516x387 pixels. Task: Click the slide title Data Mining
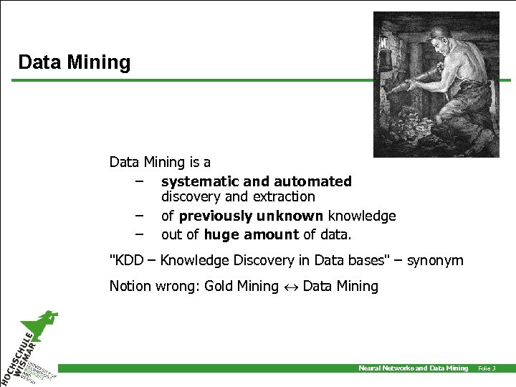click(75, 62)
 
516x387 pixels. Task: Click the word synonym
click(435, 260)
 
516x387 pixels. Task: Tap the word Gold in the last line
click(219, 286)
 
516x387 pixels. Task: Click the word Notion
click(130, 286)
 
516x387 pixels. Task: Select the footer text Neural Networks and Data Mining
click(413, 368)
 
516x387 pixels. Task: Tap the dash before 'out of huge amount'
click(138, 234)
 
